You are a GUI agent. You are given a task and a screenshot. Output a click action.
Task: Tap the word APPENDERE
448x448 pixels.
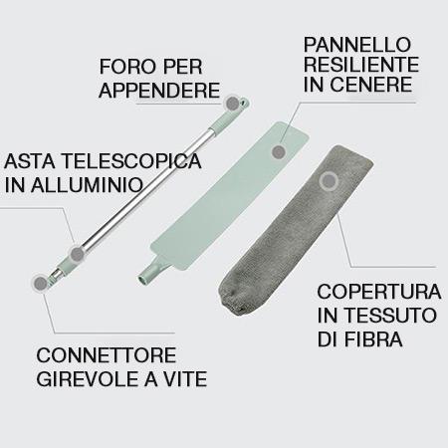[x=159, y=90]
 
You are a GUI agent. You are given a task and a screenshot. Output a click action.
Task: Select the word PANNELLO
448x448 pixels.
[x=357, y=44]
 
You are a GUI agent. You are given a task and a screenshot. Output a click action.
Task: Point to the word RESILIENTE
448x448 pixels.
[x=361, y=64]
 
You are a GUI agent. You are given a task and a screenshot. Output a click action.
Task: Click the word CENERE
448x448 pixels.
[x=371, y=84]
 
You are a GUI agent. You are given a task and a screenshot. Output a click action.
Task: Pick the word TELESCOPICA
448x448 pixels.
[x=131, y=161]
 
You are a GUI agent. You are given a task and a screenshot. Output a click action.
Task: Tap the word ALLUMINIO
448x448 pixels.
[x=87, y=185]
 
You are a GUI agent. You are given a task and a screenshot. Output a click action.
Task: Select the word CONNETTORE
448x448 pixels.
[x=107, y=355]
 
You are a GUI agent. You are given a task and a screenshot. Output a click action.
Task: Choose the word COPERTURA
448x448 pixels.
[x=379, y=292]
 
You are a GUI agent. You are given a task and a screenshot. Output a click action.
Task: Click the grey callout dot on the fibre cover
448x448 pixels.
[x=329, y=181]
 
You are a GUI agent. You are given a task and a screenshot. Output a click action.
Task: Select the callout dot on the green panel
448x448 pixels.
[x=279, y=151]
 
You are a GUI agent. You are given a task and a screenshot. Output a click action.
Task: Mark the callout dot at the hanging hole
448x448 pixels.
[x=232, y=104]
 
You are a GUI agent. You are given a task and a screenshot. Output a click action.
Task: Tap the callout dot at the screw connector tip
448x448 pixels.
[x=41, y=283]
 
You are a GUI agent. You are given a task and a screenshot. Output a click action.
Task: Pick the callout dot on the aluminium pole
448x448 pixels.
[x=78, y=254]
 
